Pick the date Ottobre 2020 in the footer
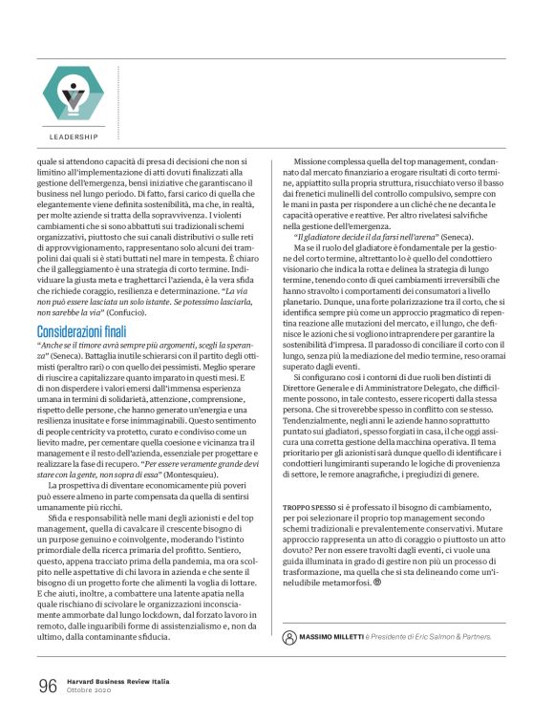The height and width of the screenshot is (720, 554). pyautogui.click(x=91, y=691)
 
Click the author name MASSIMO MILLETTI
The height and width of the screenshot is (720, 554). pyautogui.click(x=343, y=635)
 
